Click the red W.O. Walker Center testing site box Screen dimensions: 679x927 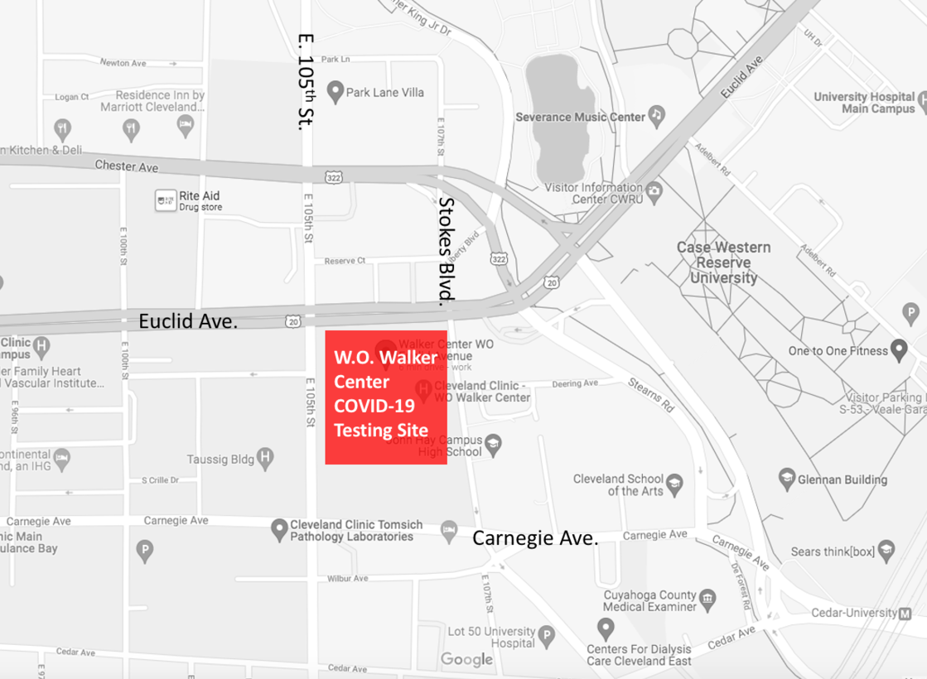[385, 397]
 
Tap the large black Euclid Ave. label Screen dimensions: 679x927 [188, 321]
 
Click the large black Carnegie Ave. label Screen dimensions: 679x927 [535, 538]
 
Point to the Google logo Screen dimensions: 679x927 [466, 660]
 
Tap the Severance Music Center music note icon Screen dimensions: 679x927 [656, 114]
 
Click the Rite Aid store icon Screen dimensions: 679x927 [166, 200]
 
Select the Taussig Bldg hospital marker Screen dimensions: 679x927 [265, 457]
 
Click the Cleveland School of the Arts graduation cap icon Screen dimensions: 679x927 [675, 484]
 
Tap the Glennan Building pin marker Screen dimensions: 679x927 [787, 478]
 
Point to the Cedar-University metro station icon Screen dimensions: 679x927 [905, 614]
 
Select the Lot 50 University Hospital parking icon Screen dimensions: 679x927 [546, 637]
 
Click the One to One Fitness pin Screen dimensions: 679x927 [898, 349]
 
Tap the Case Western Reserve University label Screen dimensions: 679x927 [723, 262]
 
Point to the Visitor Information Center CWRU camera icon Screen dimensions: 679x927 [654, 191]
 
